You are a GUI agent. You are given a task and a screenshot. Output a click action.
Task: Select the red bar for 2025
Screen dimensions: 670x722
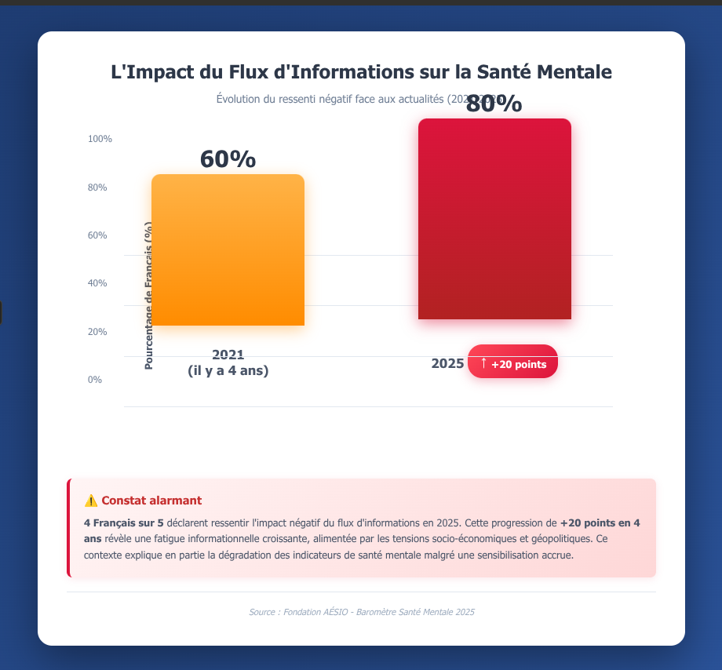494,219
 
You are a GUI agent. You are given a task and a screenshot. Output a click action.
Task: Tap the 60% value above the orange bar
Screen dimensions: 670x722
228,159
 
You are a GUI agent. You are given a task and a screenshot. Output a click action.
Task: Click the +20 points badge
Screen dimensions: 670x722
513,362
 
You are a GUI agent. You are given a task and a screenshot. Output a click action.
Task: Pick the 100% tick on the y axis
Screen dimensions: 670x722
100,139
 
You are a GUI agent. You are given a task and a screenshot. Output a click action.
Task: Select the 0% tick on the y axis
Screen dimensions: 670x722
94,380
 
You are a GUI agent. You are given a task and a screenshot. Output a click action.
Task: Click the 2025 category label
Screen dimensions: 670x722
447,364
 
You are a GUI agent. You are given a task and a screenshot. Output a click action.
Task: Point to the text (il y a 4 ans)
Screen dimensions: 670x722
228,371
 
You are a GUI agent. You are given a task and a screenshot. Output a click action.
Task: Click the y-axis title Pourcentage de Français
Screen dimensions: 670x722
149,295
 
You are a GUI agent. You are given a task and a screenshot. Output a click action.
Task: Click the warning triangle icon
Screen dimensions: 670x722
91,501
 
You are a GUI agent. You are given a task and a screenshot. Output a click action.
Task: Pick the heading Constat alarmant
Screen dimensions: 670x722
151,501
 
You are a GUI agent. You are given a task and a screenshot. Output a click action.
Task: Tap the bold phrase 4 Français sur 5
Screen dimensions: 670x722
123,523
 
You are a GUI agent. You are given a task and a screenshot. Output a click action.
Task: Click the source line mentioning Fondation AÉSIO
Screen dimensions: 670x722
361,612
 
